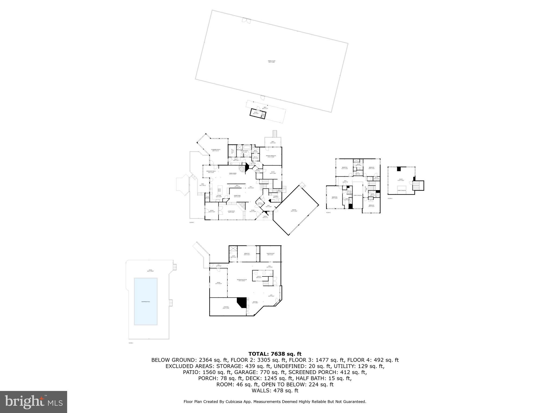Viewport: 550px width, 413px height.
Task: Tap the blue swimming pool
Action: [x=146, y=301]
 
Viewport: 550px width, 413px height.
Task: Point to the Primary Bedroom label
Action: [x=271, y=156]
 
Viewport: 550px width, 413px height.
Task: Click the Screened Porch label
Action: [x=215, y=150]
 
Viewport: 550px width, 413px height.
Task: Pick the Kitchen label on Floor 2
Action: [x=219, y=196]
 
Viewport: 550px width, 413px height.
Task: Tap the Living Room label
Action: [x=231, y=211]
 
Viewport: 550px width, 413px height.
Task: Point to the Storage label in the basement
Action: [x=226, y=307]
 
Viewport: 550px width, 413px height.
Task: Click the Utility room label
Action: [x=259, y=276]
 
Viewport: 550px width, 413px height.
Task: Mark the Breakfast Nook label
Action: [x=211, y=172]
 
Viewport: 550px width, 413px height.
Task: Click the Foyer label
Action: [x=253, y=211]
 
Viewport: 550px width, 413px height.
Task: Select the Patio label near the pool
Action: [x=150, y=270]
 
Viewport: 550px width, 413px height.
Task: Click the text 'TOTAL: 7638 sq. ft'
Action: [x=275, y=354]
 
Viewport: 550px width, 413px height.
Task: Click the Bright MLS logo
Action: [x=34, y=402]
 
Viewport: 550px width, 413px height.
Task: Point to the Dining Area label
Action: [x=237, y=196]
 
